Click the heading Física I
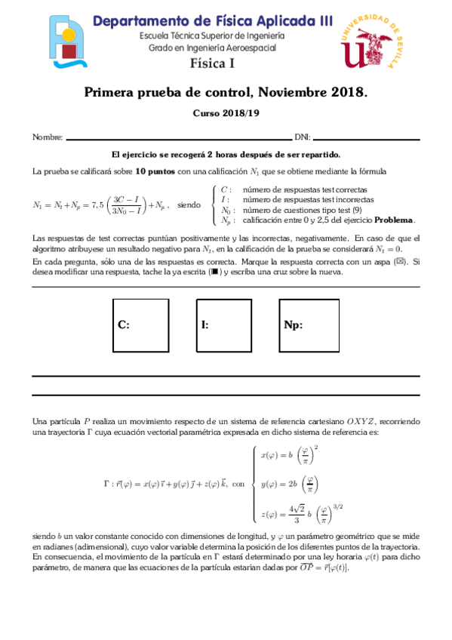click(x=211, y=63)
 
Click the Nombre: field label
click(x=48, y=138)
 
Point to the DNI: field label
click(x=302, y=138)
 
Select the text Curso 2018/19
click(x=226, y=113)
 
